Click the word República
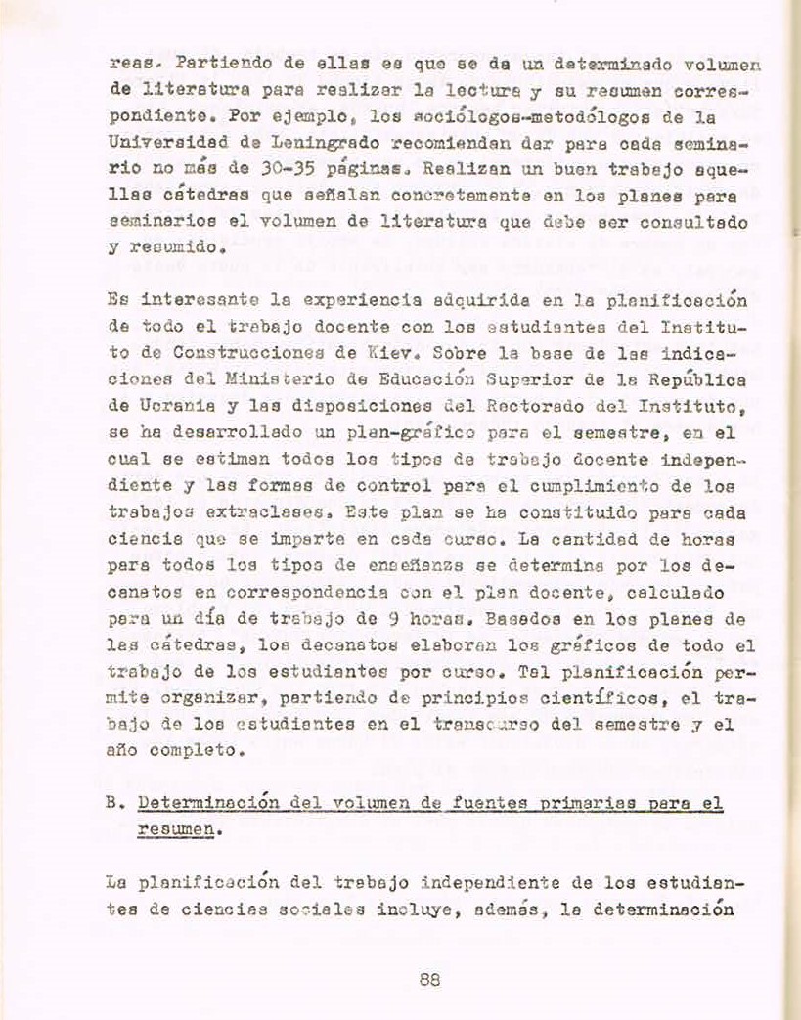click(692, 375)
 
